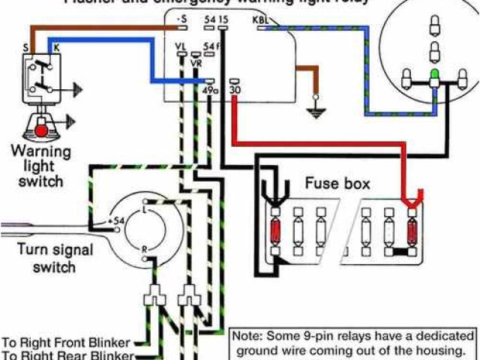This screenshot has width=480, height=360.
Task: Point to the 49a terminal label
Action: [x=210, y=90]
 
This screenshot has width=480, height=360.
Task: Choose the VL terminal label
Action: [x=181, y=47]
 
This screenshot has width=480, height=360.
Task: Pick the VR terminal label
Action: [x=196, y=64]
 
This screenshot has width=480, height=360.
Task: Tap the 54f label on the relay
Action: [x=214, y=47]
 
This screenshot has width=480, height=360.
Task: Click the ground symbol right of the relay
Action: [x=314, y=112]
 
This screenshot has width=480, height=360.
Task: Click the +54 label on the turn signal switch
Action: [x=115, y=221]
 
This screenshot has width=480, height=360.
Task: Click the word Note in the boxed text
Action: [x=247, y=336]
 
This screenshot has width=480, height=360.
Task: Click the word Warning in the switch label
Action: [x=40, y=151]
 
